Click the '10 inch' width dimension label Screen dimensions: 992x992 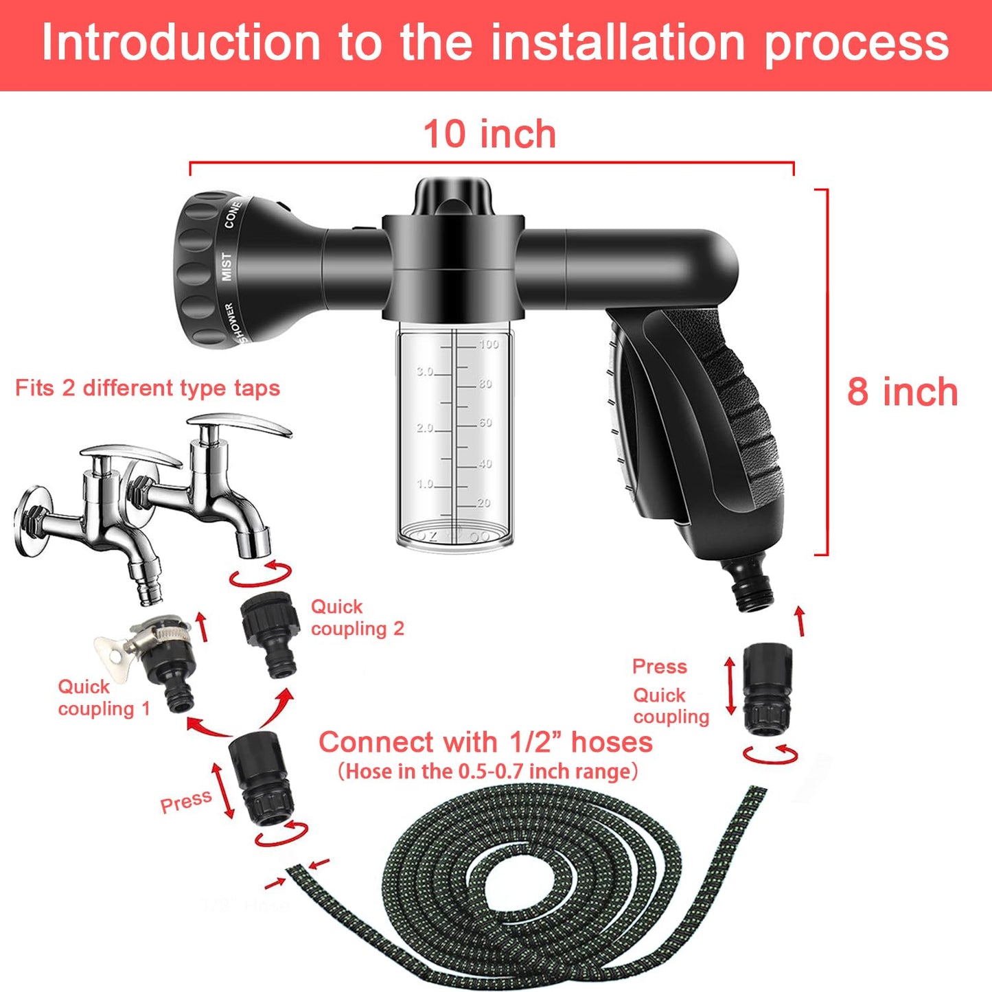(x=489, y=134)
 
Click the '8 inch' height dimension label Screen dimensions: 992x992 (x=902, y=392)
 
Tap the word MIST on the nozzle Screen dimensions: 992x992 (x=226, y=266)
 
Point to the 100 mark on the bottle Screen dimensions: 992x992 (x=489, y=344)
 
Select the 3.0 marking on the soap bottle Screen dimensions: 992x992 (x=425, y=371)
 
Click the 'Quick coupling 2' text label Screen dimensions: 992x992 (x=357, y=618)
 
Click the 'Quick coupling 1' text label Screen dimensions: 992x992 (x=103, y=697)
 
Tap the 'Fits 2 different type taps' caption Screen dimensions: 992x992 (x=148, y=388)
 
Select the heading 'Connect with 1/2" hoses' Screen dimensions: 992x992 (x=485, y=742)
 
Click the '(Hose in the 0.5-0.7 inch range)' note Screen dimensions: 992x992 (x=487, y=772)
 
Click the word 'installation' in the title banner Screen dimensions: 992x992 (x=618, y=43)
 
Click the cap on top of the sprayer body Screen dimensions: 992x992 (x=453, y=196)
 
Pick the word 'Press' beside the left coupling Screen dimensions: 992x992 (x=185, y=801)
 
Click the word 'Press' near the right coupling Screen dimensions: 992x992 (x=659, y=667)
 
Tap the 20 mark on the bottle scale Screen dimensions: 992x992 (x=484, y=503)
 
